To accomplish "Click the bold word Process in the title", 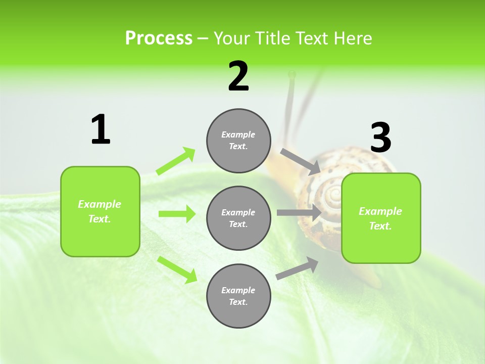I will tap(159, 38).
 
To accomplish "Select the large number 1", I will tap(101, 129).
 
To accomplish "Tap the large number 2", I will tap(238, 76).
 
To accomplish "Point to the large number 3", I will tap(380, 138).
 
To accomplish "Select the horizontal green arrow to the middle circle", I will tap(177, 214).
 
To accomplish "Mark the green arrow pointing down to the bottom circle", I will tap(177, 269).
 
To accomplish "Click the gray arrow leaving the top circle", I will tap(300, 162).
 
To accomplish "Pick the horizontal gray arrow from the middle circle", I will tap(299, 212).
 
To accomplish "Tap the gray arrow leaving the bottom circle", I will tap(297, 268).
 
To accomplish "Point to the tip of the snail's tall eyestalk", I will tap(292, 74).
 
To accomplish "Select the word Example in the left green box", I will tap(100, 204).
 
